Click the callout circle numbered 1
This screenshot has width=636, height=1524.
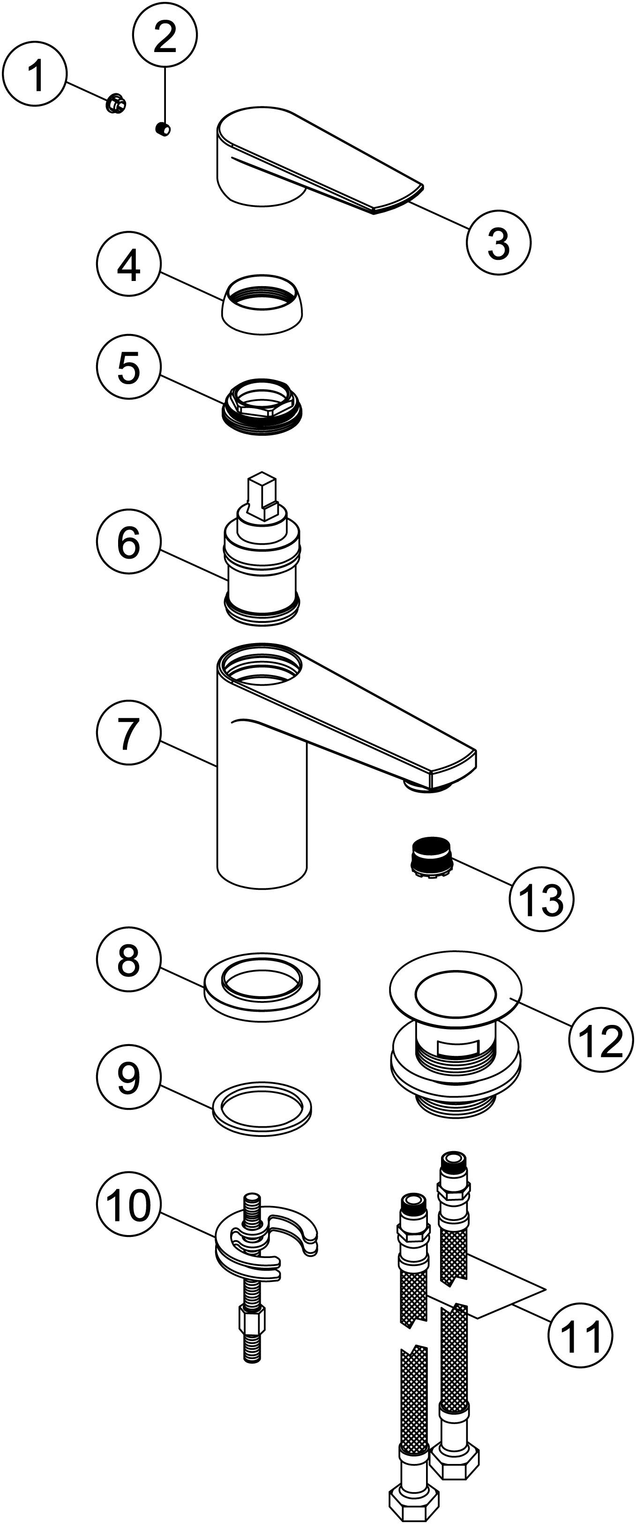click(35, 74)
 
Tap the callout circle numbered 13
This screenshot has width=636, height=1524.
click(541, 900)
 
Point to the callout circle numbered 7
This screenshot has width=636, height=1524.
click(128, 733)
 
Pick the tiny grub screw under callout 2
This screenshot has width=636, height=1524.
click(163, 129)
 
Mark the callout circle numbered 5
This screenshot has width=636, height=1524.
click(128, 367)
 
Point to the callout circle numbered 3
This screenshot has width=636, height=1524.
click(498, 242)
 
